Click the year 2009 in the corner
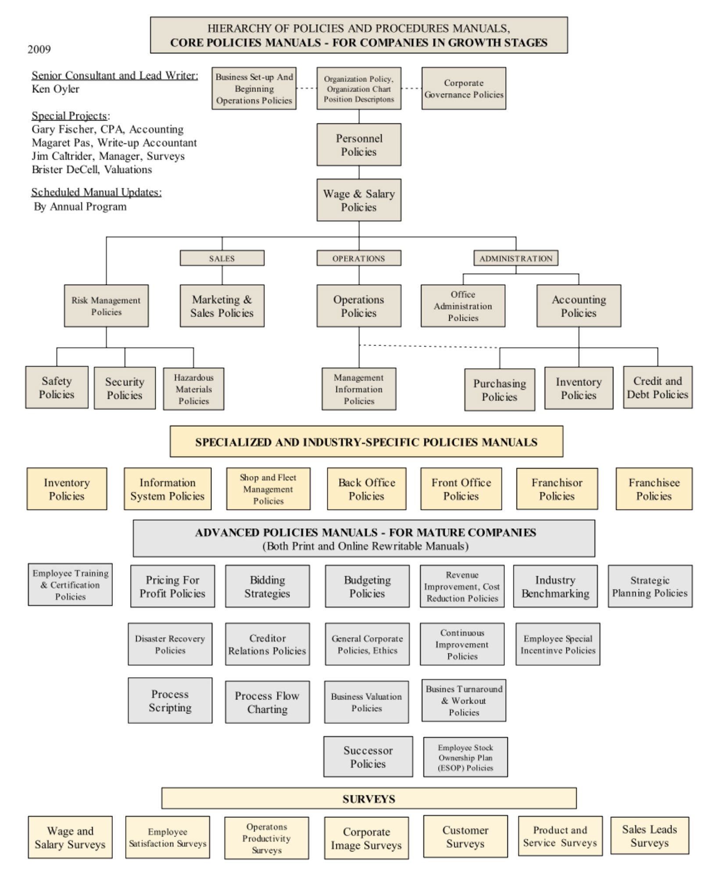pyautogui.click(x=39, y=49)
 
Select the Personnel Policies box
pyautogui.click(x=359, y=145)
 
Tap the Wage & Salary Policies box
pyautogui.click(x=359, y=200)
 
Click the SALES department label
pyautogui.click(x=222, y=258)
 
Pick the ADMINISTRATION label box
pyautogui.click(x=516, y=258)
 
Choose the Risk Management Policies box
pyautogui.click(x=106, y=306)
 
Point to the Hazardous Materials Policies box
pyautogui.click(x=193, y=389)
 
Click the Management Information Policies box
pyautogui.click(x=359, y=389)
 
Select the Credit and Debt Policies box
pyautogui.click(x=657, y=387)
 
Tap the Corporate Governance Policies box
pyautogui.click(x=464, y=89)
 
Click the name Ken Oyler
pyautogui.click(x=56, y=89)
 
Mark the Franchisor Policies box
pyautogui.click(x=557, y=489)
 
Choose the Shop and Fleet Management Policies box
pyautogui.click(x=268, y=489)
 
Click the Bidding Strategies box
pyautogui.click(x=267, y=587)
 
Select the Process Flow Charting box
pyautogui.click(x=267, y=702)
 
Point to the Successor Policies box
pyautogui.click(x=368, y=757)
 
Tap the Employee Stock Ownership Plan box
pyautogui.click(x=465, y=757)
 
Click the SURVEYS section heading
pyautogui.click(x=368, y=798)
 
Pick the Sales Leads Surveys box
pyautogui.click(x=650, y=836)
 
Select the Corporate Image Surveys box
pyautogui.click(x=366, y=838)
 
